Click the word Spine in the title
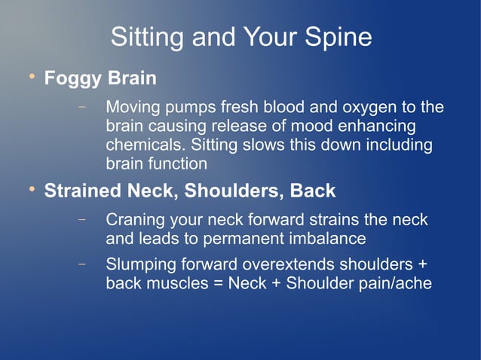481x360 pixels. coord(338,37)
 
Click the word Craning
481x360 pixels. coord(134,221)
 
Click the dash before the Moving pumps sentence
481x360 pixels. coord(81,108)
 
